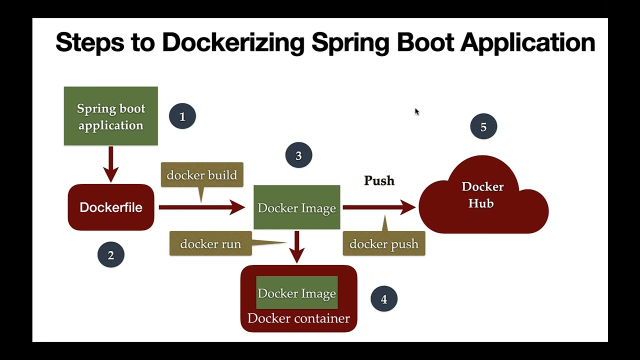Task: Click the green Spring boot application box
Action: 110,116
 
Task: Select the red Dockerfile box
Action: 110,207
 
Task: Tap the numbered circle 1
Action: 182,116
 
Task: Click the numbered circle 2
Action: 110,255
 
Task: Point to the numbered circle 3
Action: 298,155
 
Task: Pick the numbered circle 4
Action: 383,299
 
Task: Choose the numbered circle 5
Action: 483,127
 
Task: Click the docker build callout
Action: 202,175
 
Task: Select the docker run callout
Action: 210,244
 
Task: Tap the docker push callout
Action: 383,244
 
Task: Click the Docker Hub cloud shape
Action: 483,200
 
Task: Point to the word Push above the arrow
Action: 379,180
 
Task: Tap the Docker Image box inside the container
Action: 297,293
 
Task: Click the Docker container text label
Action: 298,318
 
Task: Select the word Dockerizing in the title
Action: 233,42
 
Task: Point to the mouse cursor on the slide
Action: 416,111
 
